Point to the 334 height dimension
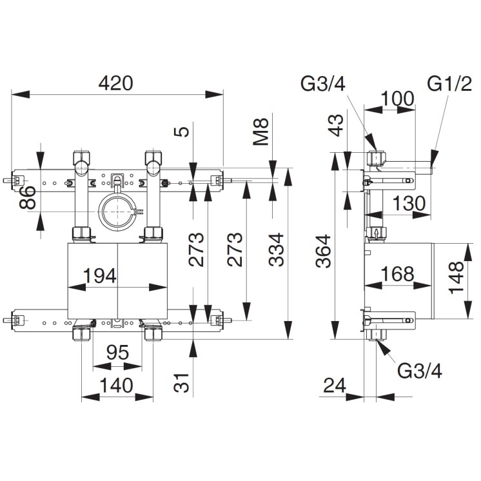click(x=277, y=250)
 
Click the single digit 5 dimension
click(x=183, y=132)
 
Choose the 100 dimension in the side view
click(x=397, y=99)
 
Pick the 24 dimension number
click(x=335, y=386)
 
